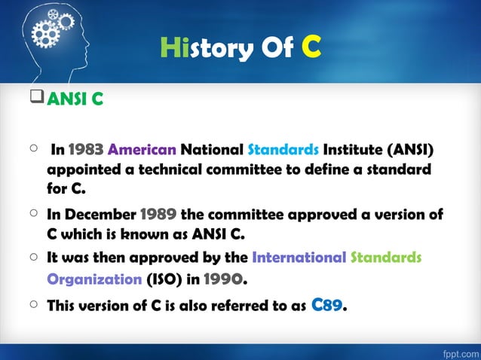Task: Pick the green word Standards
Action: [386, 258]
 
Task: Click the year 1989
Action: [158, 214]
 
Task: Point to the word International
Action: [299, 258]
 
